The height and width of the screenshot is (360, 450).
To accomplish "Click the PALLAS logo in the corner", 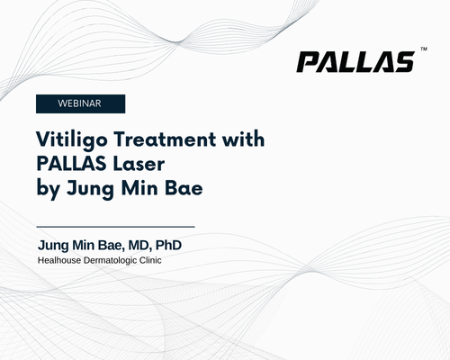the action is click(x=356, y=62).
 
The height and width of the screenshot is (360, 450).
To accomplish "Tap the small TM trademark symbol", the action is click(x=424, y=49).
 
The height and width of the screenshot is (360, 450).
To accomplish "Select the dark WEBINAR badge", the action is click(x=80, y=103).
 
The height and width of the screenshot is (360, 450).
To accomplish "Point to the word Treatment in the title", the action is click(x=165, y=139).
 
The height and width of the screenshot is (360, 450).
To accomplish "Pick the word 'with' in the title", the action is click(x=243, y=139).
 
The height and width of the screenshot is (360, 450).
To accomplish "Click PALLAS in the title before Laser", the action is click(x=71, y=164).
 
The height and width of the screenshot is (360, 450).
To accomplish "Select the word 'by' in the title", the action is click(x=48, y=189).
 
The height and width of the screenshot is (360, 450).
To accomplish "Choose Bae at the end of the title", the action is click(x=184, y=188).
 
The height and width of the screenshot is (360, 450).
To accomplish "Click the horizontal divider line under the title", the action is click(x=115, y=227).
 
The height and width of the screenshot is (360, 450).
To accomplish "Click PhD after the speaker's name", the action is click(x=168, y=245).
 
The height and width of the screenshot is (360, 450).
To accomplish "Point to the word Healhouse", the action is click(x=59, y=260).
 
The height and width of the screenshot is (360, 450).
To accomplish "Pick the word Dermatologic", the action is click(x=110, y=261).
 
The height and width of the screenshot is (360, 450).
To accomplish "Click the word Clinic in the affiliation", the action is click(x=150, y=260).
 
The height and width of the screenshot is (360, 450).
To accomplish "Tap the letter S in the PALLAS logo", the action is click(x=403, y=62).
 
